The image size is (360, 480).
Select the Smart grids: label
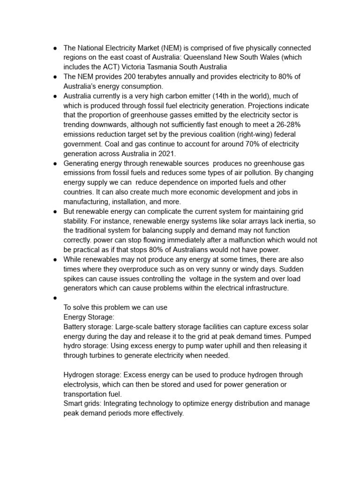click(82, 404)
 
